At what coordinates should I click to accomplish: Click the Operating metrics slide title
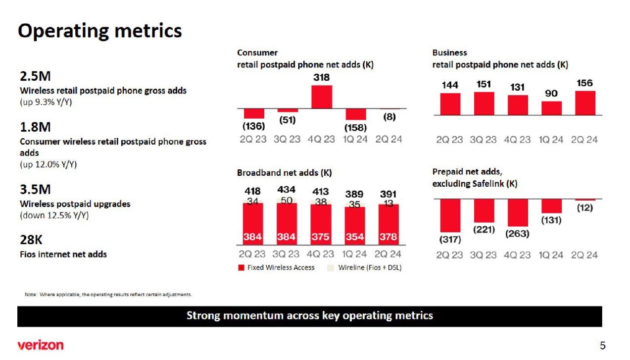pyautogui.click(x=100, y=31)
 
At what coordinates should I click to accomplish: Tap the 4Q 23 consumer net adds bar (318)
pyautogui.click(x=321, y=97)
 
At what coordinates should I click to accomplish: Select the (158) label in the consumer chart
pyautogui.click(x=355, y=127)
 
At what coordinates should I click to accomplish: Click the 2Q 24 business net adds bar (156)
pyautogui.click(x=584, y=103)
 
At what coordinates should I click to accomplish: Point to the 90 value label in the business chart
pyautogui.click(x=551, y=94)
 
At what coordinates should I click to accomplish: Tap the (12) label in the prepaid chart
pyautogui.click(x=584, y=208)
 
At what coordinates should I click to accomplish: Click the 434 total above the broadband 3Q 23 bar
pyautogui.click(x=287, y=190)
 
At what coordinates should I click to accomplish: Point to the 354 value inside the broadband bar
pyautogui.click(x=355, y=237)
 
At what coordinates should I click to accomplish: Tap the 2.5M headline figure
pyautogui.click(x=35, y=77)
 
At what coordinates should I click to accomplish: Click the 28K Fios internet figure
pyautogui.click(x=31, y=240)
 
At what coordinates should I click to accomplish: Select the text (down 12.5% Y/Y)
pyautogui.click(x=54, y=215)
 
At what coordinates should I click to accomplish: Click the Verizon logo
pyautogui.click(x=41, y=345)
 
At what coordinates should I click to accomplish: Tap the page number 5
pyautogui.click(x=602, y=346)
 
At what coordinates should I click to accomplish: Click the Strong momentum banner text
pyautogui.click(x=309, y=316)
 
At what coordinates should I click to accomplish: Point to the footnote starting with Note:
pyautogui.click(x=108, y=295)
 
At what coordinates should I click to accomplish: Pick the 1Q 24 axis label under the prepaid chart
pyautogui.click(x=551, y=255)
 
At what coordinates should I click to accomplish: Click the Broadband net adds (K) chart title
pyautogui.click(x=284, y=173)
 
